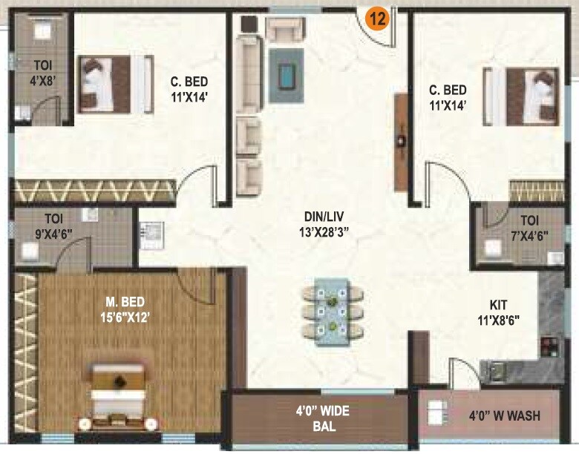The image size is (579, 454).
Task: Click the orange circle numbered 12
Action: (x=377, y=19)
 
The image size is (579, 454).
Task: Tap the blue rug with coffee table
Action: (x=286, y=74)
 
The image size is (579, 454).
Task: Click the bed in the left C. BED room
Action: (x=106, y=83)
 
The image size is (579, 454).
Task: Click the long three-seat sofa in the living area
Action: (x=247, y=75)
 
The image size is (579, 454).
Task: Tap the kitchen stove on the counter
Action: (x=550, y=347)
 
